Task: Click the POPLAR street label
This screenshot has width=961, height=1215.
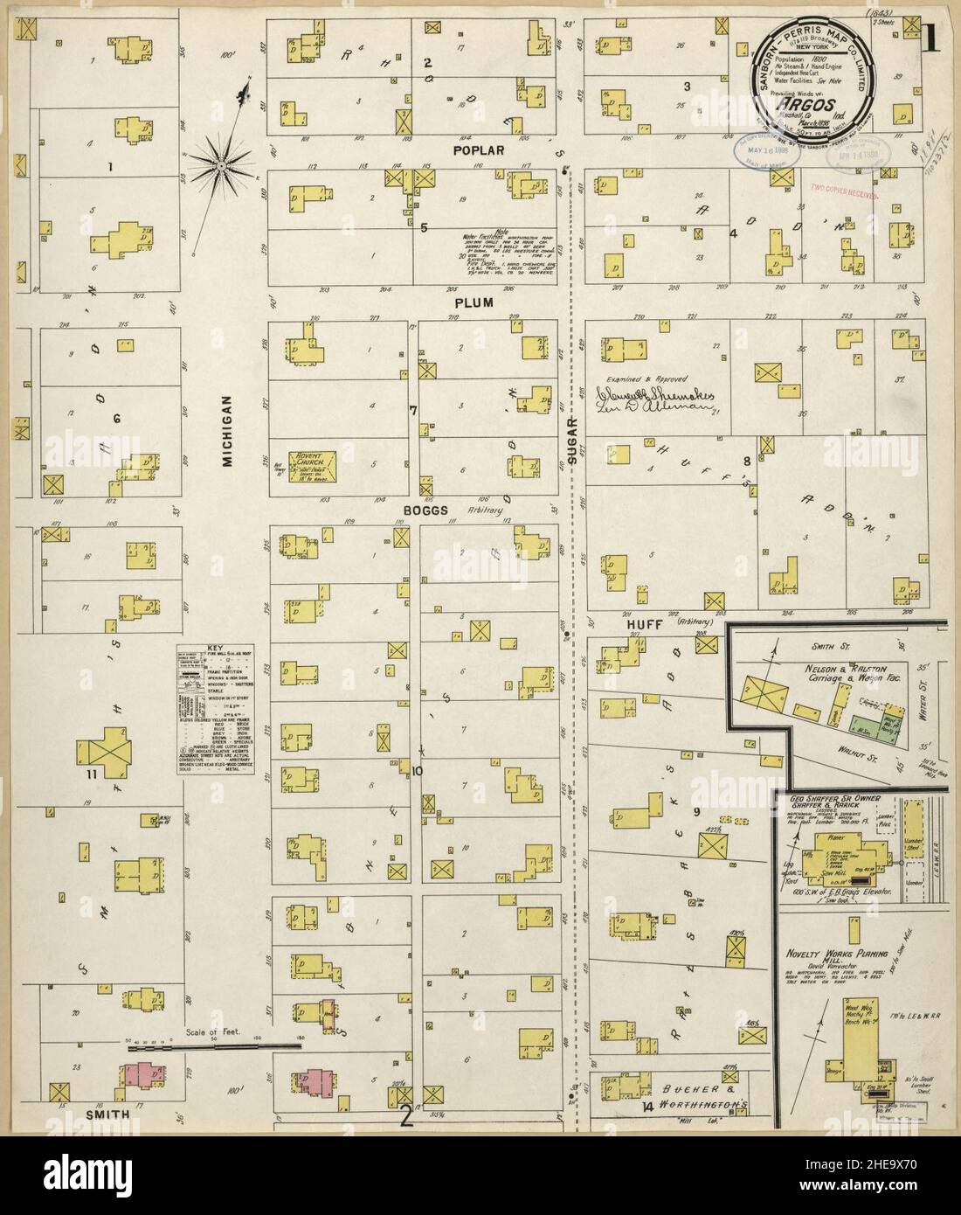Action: point(478,150)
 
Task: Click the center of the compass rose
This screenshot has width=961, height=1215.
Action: point(222,164)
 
